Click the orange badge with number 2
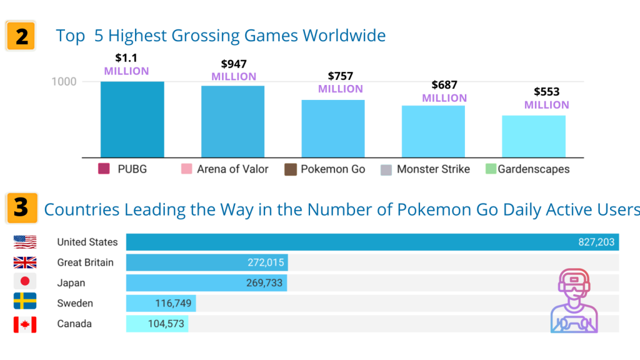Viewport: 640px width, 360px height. pyautogui.click(x=21, y=36)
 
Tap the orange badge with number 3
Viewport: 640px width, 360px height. pyautogui.click(x=22, y=208)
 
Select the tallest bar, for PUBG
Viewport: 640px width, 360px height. pyautogui.click(x=132, y=119)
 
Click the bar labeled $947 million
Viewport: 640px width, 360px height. pyautogui.click(x=232, y=121)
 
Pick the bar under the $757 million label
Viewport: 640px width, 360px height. pyautogui.click(x=333, y=129)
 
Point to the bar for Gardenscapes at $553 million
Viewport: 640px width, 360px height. pyautogui.click(x=534, y=136)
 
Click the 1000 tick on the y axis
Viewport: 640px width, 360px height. pyautogui.click(x=64, y=82)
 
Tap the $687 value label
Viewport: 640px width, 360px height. pyautogui.click(x=444, y=85)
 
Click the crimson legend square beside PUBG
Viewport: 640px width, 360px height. pyautogui.click(x=104, y=169)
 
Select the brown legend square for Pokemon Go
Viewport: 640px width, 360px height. pyautogui.click(x=291, y=169)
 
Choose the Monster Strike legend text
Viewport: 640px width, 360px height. pyautogui.click(x=434, y=169)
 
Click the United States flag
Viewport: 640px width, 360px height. pyautogui.click(x=25, y=242)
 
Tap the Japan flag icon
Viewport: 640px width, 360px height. pyautogui.click(x=25, y=281)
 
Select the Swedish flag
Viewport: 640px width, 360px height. pyautogui.click(x=25, y=301)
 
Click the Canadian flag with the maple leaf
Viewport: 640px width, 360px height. pyautogui.click(x=25, y=324)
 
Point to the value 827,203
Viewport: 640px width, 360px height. pyautogui.click(x=596, y=242)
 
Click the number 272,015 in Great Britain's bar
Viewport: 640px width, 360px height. pyautogui.click(x=266, y=262)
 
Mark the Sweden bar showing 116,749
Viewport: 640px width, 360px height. pyautogui.click(x=161, y=303)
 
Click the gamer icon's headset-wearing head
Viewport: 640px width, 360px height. pyautogui.click(x=574, y=284)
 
